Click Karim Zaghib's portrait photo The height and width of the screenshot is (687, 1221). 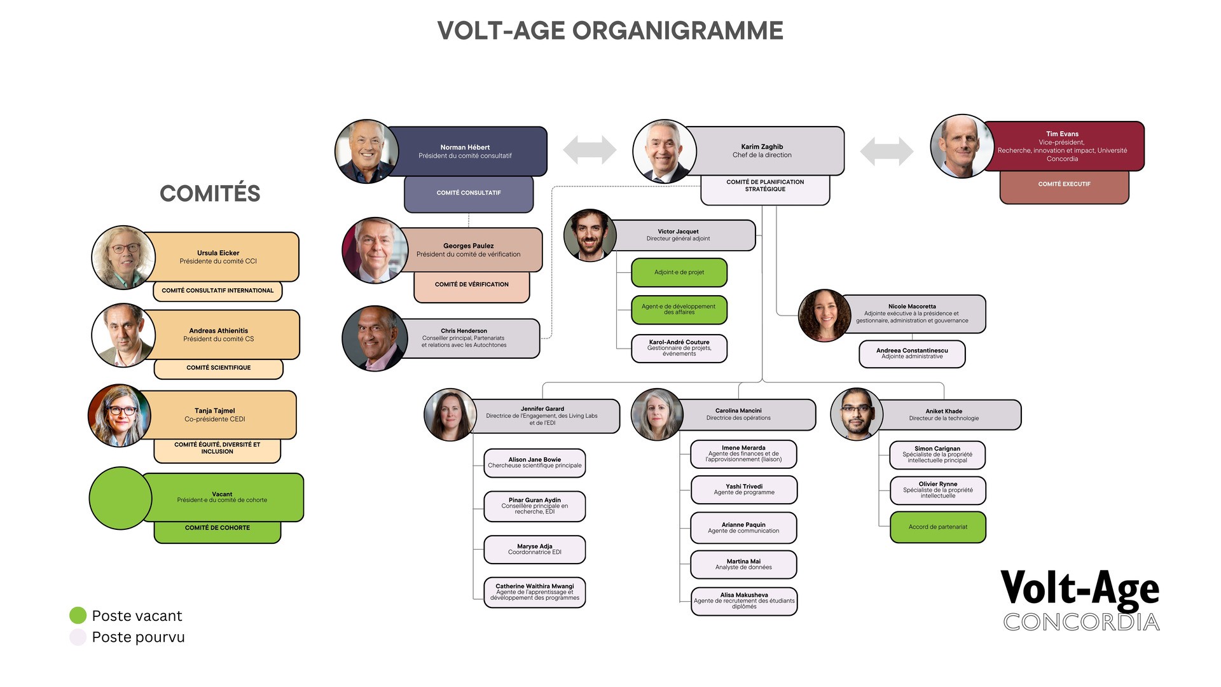[665, 151]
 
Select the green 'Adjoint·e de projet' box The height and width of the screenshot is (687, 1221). [679, 272]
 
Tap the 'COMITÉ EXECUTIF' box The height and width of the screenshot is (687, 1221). [1064, 184]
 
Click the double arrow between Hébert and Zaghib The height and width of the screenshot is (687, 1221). [590, 150]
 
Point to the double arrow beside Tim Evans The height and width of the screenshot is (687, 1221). [886, 151]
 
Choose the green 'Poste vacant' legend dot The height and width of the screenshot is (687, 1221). [78, 615]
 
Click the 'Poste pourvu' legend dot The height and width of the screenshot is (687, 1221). [78, 637]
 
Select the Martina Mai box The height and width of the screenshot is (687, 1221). [743, 564]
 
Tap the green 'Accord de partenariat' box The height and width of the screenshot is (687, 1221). [938, 527]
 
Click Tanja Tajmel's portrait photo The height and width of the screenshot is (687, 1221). [120, 415]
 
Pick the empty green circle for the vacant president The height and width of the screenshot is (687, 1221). [120, 498]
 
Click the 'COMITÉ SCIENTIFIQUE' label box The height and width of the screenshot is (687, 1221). [218, 368]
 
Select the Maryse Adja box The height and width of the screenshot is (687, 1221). [535, 550]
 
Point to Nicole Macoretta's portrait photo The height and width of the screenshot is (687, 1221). [825, 316]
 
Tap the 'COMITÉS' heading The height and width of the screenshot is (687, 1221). [210, 193]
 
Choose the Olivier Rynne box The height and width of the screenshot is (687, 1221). [938, 490]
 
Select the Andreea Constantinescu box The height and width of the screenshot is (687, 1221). [912, 354]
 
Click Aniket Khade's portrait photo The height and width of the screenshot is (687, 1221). [857, 414]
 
